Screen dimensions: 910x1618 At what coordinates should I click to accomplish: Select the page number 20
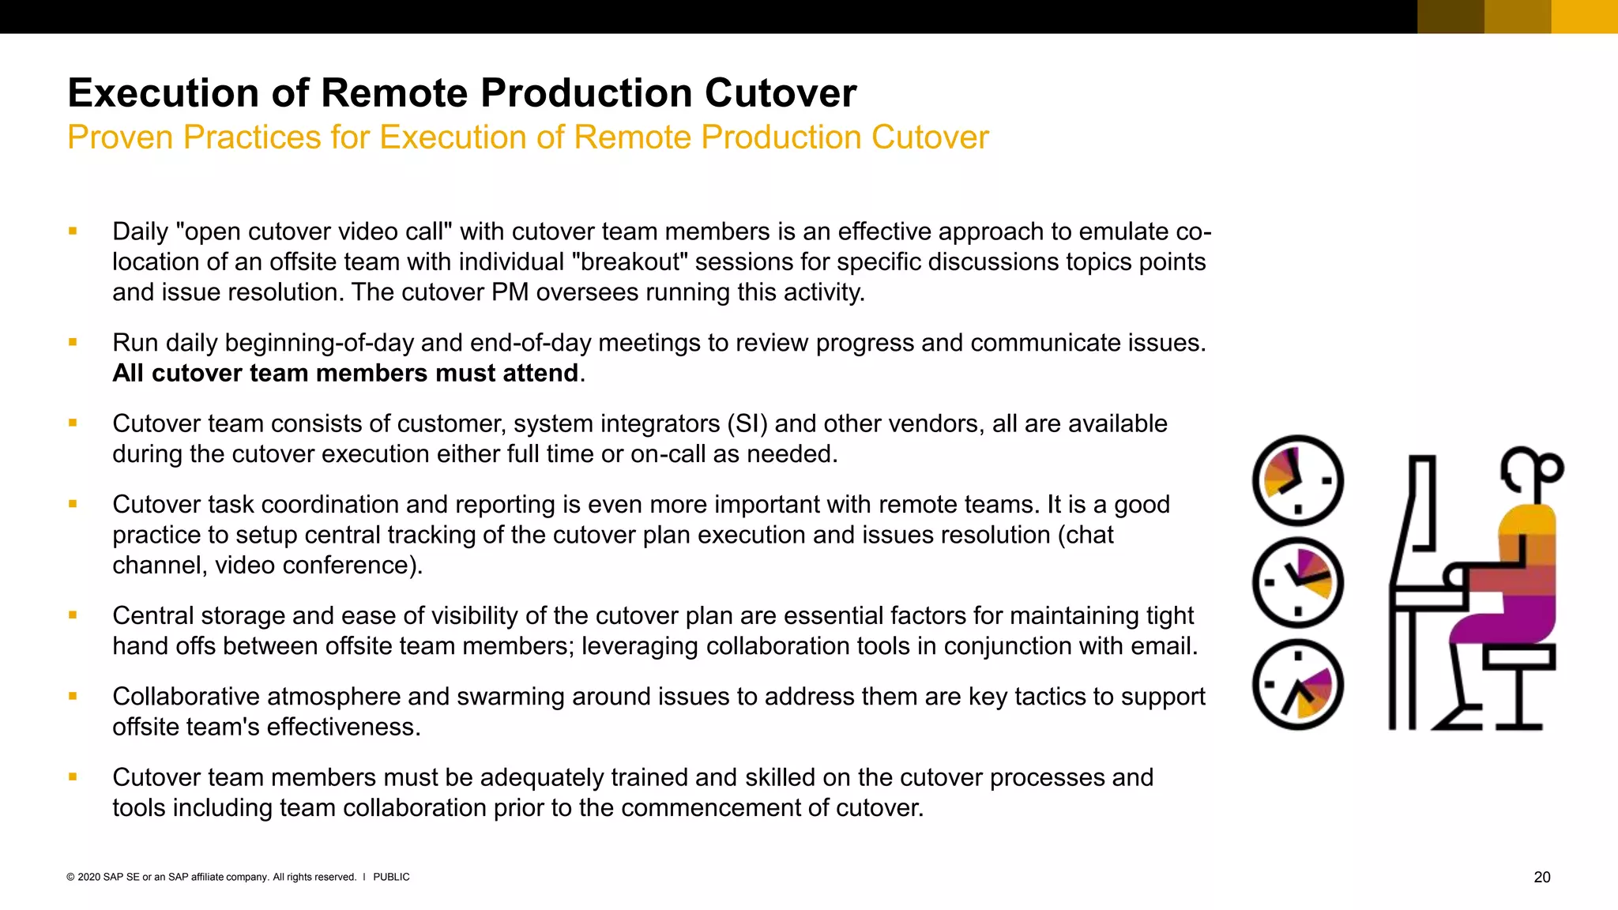tap(1541, 877)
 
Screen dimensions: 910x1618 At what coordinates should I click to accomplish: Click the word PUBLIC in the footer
tap(391, 877)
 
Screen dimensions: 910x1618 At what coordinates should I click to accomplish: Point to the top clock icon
tap(1297, 480)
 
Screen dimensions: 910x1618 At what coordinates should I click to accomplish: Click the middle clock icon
tap(1297, 582)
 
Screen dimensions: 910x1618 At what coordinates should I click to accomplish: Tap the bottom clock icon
tap(1297, 684)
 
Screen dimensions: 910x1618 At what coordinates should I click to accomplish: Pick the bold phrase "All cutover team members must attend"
tap(345, 373)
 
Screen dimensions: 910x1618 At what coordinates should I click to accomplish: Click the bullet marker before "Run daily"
tap(73, 342)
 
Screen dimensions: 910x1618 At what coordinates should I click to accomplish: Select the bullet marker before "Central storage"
tap(73, 615)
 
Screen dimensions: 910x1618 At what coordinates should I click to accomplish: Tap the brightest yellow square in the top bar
tap(1584, 17)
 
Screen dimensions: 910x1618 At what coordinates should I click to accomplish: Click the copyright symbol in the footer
tap(70, 877)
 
